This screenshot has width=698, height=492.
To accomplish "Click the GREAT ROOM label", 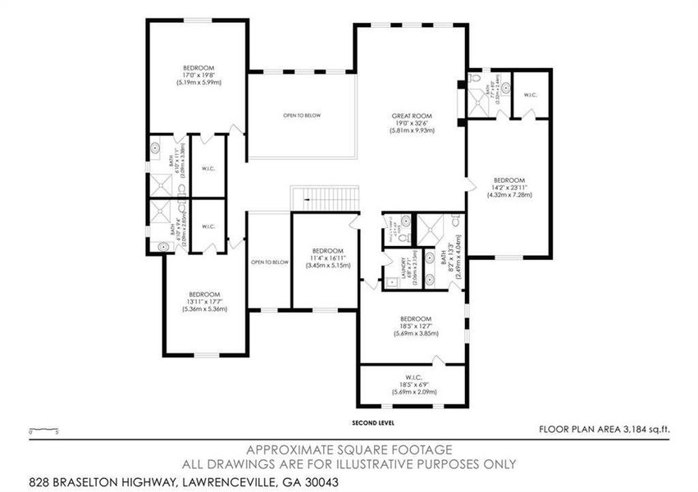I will click(412, 116).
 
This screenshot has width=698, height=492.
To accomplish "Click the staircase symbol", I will click(326, 198).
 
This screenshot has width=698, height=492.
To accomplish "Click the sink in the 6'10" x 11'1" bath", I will click(157, 150).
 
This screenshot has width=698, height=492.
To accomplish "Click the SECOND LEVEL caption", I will click(372, 423).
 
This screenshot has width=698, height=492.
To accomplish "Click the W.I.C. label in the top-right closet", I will click(530, 95).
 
